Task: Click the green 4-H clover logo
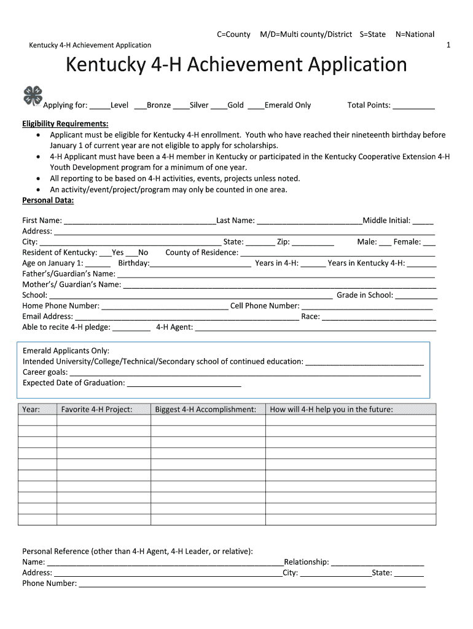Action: pos(32,96)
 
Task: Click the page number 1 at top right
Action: pos(448,45)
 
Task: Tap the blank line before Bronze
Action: pos(139,106)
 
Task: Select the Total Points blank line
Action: pos(413,106)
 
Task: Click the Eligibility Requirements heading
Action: pos(65,123)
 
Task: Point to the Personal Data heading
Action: pos(48,200)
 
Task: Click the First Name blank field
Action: pos(139,221)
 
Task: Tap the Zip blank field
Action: pos(313,243)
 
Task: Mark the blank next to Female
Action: pos(429,243)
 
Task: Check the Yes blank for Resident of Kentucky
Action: pos(105,253)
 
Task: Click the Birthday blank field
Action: pos(201,264)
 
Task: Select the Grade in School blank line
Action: pos(415,296)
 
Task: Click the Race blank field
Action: pos(378,318)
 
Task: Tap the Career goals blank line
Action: pos(245,373)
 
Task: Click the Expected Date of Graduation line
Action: pos(184,384)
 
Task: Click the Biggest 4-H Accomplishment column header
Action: pos(206,410)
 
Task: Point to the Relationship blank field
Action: pos(377,563)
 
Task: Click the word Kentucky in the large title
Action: pos(107,65)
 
